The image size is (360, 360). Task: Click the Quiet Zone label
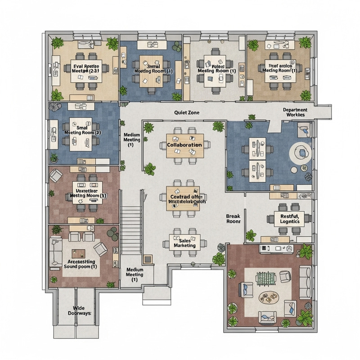(186, 113)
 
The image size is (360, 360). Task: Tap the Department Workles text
(295, 112)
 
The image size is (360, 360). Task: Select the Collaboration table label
(184, 145)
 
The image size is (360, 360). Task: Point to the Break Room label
(233, 219)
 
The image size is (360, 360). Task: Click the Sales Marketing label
(185, 243)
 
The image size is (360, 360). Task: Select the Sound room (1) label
(81, 264)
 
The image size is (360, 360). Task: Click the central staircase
(132, 220)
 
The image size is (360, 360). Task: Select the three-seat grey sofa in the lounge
(305, 282)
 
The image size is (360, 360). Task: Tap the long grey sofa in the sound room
(55, 254)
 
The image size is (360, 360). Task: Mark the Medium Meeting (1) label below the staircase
(135, 274)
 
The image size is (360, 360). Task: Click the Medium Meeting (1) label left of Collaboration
(131, 140)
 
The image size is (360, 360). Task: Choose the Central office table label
(185, 199)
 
